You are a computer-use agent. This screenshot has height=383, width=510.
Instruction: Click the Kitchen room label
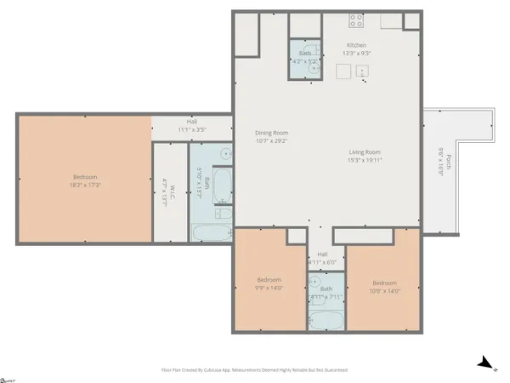pyautogui.click(x=356, y=44)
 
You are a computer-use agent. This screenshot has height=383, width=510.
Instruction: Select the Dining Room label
pyautogui.click(x=273, y=133)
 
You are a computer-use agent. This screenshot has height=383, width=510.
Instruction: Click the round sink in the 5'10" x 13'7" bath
pyautogui.click(x=224, y=155)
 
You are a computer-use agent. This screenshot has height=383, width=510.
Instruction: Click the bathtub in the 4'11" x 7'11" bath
pyautogui.click(x=325, y=320)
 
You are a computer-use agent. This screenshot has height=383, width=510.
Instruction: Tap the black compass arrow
pyautogui.click(x=484, y=363)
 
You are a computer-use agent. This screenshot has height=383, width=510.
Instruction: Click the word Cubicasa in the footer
pyautogui.click(x=219, y=371)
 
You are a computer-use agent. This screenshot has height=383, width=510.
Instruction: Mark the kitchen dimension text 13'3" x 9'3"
pyautogui.click(x=356, y=53)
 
